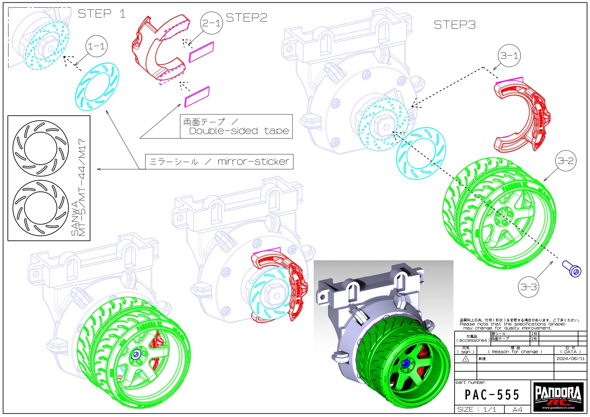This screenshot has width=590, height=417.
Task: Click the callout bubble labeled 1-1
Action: tap(97, 46)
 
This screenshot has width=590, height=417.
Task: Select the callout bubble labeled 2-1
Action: tap(211, 23)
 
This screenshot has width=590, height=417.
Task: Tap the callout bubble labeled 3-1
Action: tap(509, 55)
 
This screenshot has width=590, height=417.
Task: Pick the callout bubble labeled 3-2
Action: tap(565, 161)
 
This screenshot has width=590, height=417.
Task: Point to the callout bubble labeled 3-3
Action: tap(528, 287)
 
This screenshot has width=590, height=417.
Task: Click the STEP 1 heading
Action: tap(102, 14)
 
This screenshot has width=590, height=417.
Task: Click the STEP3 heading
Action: tap(455, 25)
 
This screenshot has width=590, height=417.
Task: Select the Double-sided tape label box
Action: tap(236, 126)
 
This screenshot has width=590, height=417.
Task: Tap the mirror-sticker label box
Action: tap(219, 162)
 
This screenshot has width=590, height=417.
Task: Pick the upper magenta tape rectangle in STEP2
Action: tap(201, 52)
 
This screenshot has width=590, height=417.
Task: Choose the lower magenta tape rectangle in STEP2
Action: tap(197, 97)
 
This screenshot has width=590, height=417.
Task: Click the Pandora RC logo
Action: tap(558, 396)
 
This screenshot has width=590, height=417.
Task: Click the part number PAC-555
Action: tap(492, 395)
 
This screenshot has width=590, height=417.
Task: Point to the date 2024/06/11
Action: tap(570, 358)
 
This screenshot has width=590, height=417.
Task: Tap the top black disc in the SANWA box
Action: tap(41, 148)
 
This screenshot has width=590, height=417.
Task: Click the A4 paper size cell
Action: tap(517, 409)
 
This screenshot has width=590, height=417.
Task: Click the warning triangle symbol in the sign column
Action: tap(466, 359)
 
